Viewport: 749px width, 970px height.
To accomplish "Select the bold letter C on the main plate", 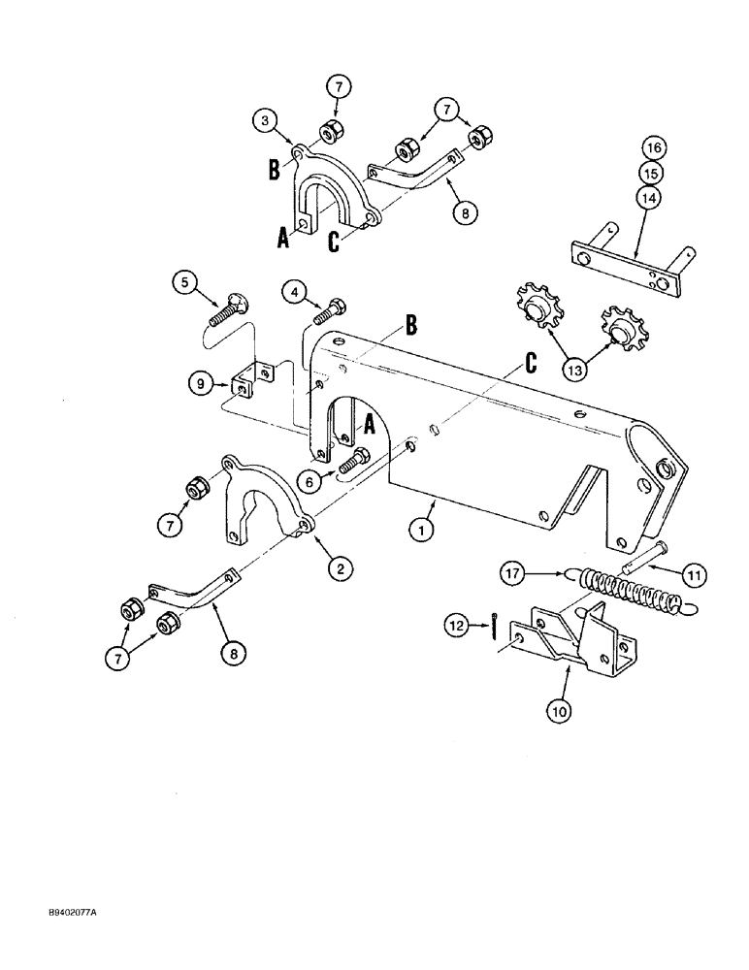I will (530, 363).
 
